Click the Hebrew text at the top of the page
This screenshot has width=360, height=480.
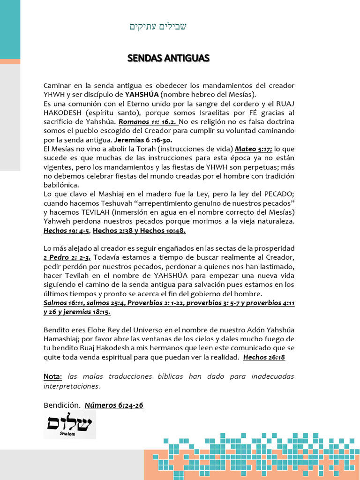pyautogui.click(x=158, y=26)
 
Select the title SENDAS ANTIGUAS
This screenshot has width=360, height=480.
pyautogui.click(x=168, y=58)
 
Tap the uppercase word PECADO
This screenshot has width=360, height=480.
pyautogui.click(x=279, y=194)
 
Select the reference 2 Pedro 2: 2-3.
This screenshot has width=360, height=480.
pyautogui.click(x=67, y=257)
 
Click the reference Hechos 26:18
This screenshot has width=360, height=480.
pyautogui.click(x=264, y=357)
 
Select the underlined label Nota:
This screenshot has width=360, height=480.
pyautogui.click(x=53, y=377)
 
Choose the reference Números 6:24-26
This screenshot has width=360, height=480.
pyautogui.click(x=113, y=405)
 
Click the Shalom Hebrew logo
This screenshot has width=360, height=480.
pyautogui.click(x=69, y=425)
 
